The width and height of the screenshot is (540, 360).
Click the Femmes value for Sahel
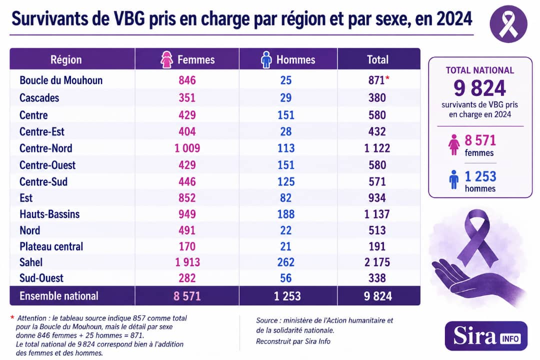click(187, 262)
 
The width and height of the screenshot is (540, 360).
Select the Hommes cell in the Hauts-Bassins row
click(286, 214)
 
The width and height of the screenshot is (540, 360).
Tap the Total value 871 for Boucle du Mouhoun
click(376, 80)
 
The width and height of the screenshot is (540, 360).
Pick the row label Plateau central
click(51, 246)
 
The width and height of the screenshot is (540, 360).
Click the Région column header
click(66, 59)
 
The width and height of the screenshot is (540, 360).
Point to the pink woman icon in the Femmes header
click(166, 59)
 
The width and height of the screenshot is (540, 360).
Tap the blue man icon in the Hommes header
click(266, 59)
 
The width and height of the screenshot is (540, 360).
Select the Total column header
click(378, 59)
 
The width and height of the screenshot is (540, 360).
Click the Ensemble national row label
click(59, 296)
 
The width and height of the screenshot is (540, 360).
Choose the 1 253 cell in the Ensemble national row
click(287, 296)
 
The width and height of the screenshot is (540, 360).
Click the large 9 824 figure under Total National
click(479, 88)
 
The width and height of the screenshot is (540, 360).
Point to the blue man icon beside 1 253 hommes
click(454, 179)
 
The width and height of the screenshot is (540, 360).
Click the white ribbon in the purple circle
click(508, 24)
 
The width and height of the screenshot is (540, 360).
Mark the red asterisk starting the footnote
click(12, 317)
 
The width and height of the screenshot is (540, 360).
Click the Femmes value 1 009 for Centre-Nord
click(187, 148)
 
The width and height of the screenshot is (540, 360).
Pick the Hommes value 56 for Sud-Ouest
click(286, 278)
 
